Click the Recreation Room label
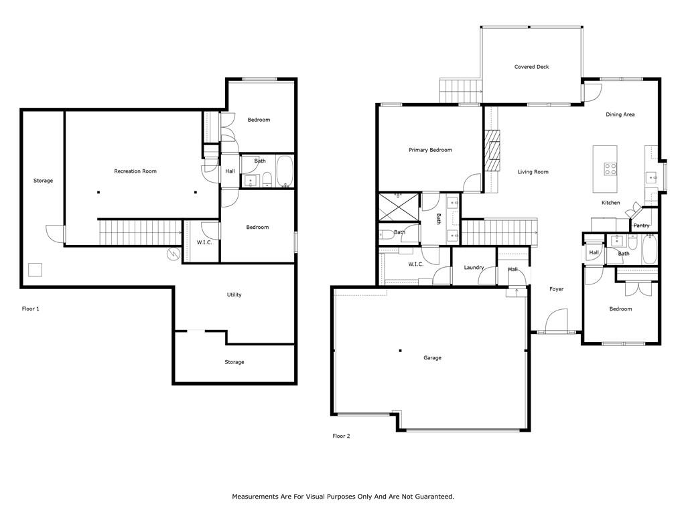135,171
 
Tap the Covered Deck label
531,67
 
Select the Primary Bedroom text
431,150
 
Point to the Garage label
432,358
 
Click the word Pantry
641,226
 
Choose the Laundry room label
474,268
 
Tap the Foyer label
557,289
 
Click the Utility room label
234,294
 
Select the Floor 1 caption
31,309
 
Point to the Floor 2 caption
341,436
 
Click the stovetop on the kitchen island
610,169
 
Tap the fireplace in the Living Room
492,150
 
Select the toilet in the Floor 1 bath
267,178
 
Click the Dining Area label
620,114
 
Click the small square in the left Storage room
36,270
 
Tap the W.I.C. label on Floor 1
204,242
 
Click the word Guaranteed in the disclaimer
437,497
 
